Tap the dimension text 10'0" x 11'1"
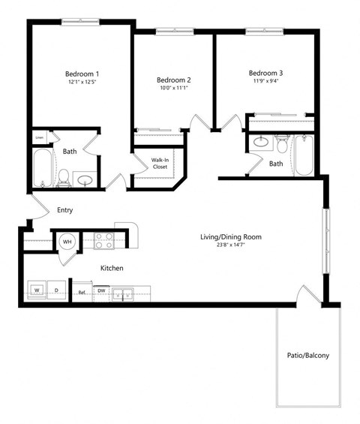tap(174, 89)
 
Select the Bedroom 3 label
tap(266, 73)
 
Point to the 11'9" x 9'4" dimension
tap(266, 82)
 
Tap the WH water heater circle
tap(67, 242)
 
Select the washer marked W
tap(36, 289)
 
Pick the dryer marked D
tap(56, 289)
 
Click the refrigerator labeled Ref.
tap(82, 293)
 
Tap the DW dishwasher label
tap(101, 290)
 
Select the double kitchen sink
tap(124, 293)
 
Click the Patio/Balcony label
tap(307, 356)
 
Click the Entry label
tap(65, 210)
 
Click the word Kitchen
tap(112, 268)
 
